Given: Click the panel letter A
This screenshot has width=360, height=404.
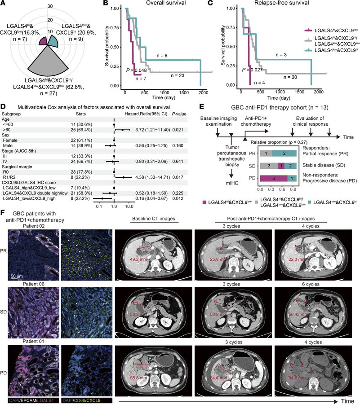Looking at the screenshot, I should coord(4,4).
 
